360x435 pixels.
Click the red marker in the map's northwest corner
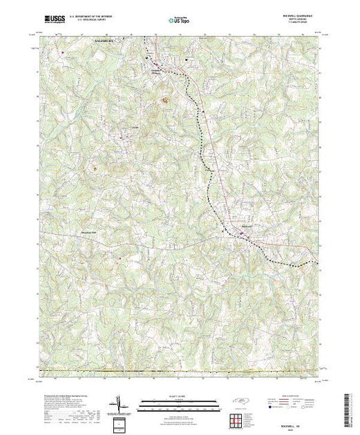(x=63, y=52)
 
